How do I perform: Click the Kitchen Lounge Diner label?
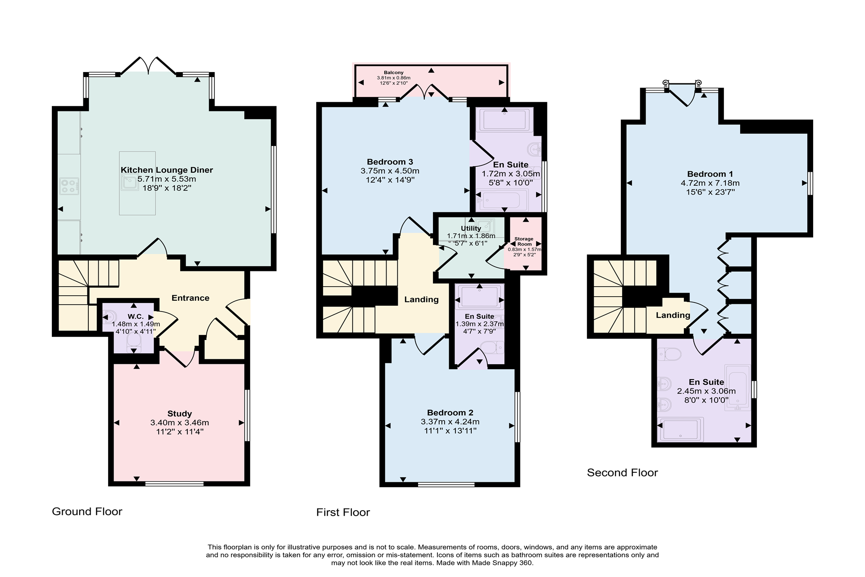coord(167,170)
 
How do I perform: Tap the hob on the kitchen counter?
coord(69,186)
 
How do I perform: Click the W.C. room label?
coord(136,317)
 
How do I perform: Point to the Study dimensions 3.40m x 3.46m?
coord(179,423)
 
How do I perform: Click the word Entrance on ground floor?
coord(190,298)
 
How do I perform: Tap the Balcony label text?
coord(393,73)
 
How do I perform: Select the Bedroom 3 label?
coord(390,162)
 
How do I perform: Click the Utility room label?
coord(471,229)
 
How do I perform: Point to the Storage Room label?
coord(524,242)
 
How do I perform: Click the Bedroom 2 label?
coord(450,412)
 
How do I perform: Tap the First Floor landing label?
coord(421,299)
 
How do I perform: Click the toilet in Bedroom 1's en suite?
coord(669,355)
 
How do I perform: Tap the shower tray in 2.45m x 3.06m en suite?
coord(680,429)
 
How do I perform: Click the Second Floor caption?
coord(622,472)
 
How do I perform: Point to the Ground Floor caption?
coord(87,511)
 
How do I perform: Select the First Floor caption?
coord(343,512)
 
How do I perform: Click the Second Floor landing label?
coord(673,315)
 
